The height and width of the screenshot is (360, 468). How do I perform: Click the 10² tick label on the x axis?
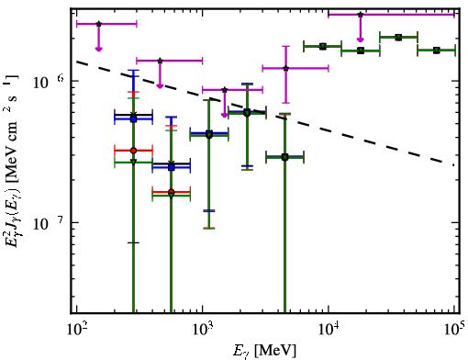[x=76, y=329]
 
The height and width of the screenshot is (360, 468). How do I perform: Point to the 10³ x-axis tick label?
[x=203, y=329]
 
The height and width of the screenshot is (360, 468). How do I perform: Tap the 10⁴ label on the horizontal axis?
[x=329, y=329]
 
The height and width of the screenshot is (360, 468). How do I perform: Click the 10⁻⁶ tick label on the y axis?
[x=49, y=82]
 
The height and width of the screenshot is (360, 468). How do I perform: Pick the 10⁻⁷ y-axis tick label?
[x=49, y=223]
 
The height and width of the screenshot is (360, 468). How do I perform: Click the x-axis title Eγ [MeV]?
[x=265, y=351]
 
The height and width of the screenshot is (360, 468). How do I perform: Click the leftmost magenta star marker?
[x=98, y=24]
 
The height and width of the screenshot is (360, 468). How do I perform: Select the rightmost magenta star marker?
[x=361, y=15]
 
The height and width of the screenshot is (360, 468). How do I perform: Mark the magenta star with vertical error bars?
[x=285, y=68]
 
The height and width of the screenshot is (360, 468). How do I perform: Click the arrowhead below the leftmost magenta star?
[x=98, y=49]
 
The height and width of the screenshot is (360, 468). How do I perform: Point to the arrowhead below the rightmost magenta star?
[x=361, y=39]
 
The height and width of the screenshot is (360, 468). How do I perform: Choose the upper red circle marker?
[x=133, y=151]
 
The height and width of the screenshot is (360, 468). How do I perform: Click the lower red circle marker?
[x=172, y=192]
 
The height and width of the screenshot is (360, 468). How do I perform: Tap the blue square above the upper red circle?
[x=133, y=119]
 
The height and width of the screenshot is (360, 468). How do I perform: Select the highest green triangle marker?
[x=398, y=38]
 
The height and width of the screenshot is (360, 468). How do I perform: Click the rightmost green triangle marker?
[x=437, y=51]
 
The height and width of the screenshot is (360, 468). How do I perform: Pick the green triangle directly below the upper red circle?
[x=133, y=162]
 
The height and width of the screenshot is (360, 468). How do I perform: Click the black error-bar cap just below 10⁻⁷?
[x=133, y=242]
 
